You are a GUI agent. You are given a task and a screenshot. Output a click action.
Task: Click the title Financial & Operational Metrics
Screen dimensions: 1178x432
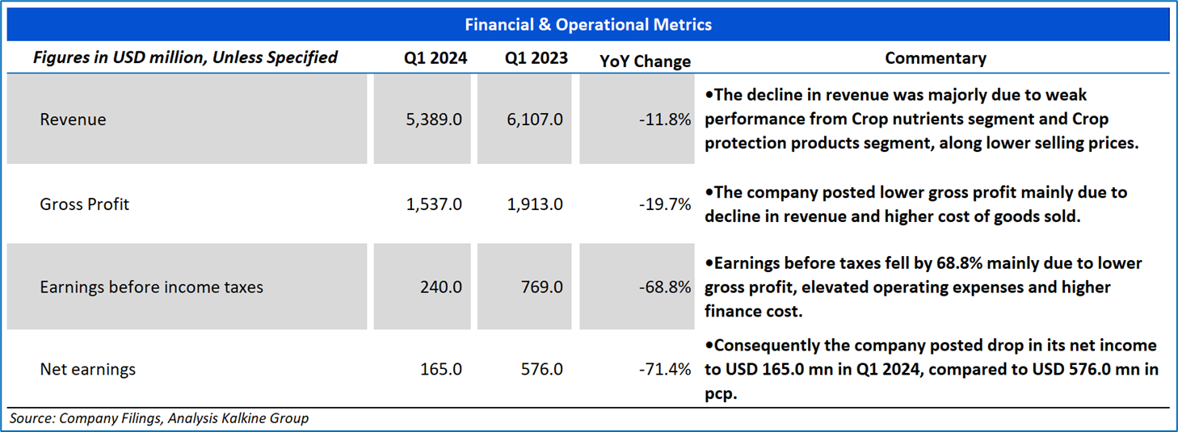588,25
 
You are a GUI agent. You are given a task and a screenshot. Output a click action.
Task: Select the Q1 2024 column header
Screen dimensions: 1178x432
435,58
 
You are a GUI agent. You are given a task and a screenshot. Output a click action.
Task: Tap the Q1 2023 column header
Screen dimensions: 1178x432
536,58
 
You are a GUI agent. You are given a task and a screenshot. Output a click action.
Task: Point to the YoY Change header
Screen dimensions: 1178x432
646,61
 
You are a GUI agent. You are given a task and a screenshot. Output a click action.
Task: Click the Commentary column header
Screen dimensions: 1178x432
936,58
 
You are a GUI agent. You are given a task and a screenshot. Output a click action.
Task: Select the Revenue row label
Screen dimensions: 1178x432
73,120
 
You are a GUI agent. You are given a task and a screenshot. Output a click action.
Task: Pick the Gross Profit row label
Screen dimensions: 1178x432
84,204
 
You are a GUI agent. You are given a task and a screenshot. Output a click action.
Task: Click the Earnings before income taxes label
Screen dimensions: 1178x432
151,287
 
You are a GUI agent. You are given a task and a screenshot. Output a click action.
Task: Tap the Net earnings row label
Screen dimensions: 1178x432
88,369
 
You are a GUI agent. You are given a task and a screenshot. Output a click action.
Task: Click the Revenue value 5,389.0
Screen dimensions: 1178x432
434,120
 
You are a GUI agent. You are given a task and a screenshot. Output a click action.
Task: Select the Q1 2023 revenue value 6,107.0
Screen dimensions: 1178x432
535,120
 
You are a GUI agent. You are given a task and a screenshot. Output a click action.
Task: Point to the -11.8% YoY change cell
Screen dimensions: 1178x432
665,120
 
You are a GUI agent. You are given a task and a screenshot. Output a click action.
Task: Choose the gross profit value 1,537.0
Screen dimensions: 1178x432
434,204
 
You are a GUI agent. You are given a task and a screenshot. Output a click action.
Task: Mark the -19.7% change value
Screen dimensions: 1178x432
665,204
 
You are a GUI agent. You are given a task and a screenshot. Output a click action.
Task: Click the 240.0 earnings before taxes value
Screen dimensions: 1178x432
440,287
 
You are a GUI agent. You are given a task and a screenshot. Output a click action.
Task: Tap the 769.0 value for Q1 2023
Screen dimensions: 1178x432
541,287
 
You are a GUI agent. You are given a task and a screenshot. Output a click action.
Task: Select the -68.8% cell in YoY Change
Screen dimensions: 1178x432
665,287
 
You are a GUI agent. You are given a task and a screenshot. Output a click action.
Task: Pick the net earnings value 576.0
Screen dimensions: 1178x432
541,369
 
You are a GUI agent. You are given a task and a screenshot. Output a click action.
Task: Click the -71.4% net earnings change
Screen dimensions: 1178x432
665,369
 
